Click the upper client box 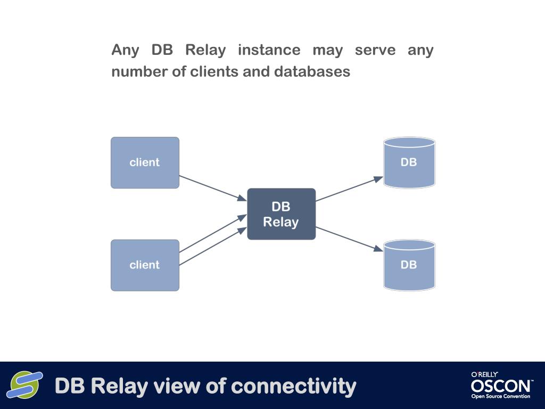point(145,163)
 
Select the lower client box point(145,265)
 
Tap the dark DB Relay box point(281,214)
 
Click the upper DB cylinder point(409,163)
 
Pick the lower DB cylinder point(409,265)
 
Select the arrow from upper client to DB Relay point(213,188)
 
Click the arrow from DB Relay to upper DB point(349,189)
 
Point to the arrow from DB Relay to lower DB point(349,239)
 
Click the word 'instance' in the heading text point(269,50)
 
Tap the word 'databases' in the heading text point(312,72)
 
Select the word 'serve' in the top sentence point(375,50)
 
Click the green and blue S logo point(25,385)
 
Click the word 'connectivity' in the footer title point(294,386)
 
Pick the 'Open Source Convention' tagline point(501,396)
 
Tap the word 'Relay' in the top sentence point(205,51)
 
